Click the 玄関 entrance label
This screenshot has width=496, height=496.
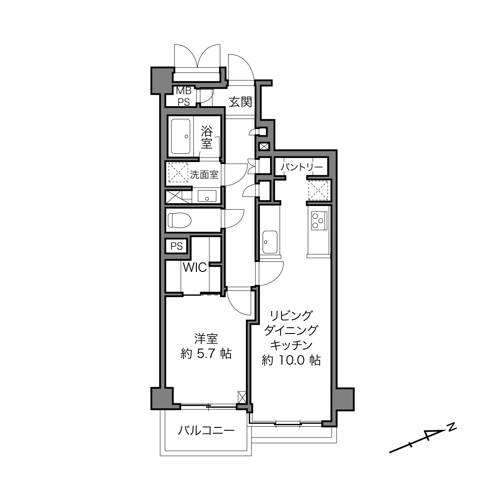click(240, 102)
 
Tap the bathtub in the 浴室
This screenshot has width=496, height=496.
click(181, 136)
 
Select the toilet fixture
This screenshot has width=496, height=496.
click(179, 220)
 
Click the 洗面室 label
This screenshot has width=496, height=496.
click(204, 175)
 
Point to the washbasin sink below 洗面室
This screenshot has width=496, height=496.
click(207, 196)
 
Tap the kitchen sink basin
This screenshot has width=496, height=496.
click(270, 242)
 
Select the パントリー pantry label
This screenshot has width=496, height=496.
click(301, 167)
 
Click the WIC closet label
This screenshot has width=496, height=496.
click(195, 268)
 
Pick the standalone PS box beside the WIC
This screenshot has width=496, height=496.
click(177, 246)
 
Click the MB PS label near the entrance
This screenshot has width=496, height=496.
click(184, 97)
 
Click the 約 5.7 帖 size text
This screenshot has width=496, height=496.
click(206, 354)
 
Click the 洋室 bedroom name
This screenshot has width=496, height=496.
click(206, 339)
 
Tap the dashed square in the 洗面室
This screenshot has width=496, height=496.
click(178, 172)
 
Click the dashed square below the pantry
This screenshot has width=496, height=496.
click(319, 191)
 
